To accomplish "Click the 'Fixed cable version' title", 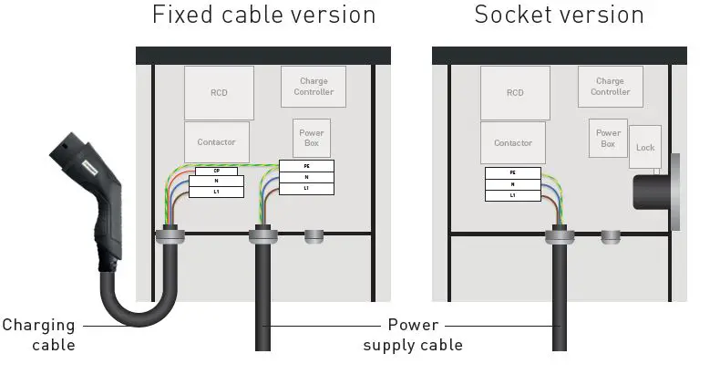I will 263,16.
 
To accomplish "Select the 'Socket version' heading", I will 559,16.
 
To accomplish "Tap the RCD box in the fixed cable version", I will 219,92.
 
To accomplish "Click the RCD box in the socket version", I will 515,92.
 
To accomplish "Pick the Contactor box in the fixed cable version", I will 216,141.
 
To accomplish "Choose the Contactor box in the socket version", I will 513,142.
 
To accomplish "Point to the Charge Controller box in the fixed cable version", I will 313,88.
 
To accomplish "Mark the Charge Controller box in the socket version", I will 610,87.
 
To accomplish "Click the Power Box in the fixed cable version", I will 312,138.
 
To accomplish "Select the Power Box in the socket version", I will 608,139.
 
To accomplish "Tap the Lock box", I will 645,147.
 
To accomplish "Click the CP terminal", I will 216,171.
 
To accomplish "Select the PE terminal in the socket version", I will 512,172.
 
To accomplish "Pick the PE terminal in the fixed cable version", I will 306,166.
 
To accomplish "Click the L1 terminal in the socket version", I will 512,195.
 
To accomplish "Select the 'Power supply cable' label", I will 413,335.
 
